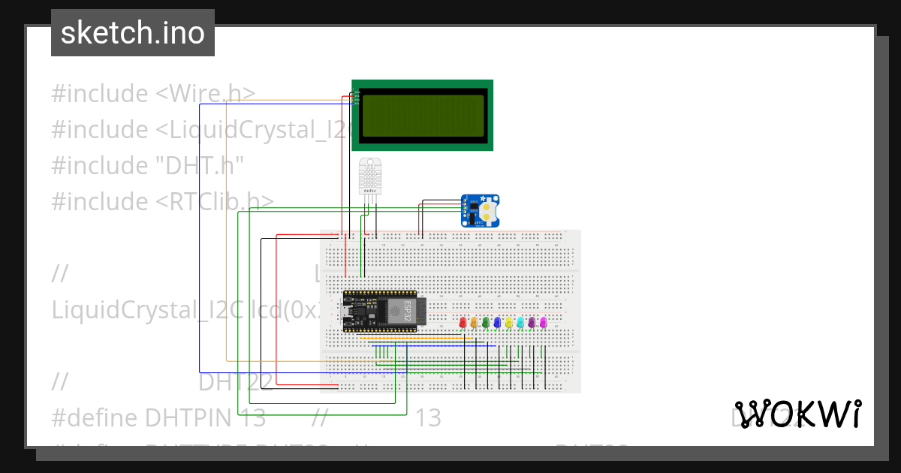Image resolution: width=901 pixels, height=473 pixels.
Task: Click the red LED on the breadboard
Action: [463, 322]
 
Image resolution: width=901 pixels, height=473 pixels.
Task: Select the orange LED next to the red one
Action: [474, 322]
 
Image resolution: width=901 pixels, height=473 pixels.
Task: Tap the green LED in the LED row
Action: [486, 322]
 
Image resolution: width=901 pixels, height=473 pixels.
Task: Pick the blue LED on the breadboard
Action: [497, 322]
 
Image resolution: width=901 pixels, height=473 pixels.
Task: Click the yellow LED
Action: [509, 322]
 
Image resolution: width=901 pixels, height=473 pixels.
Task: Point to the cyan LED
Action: [520, 322]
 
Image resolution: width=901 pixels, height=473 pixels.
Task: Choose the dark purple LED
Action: [532, 322]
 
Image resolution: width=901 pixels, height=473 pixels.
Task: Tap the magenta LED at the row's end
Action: [544, 322]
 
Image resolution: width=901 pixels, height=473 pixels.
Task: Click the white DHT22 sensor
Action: [370, 177]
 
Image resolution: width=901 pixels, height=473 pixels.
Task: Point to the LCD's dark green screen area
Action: [423, 116]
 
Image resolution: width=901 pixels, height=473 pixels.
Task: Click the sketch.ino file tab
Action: [133, 33]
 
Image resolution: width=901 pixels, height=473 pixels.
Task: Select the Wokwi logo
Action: [797, 414]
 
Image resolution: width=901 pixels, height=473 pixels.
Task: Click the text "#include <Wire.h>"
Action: [153, 94]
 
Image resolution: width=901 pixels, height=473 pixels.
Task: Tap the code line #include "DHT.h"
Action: [148, 165]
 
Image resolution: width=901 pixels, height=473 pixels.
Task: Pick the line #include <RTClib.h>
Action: [162, 201]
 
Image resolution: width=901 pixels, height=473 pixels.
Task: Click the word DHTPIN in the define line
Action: [186, 418]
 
